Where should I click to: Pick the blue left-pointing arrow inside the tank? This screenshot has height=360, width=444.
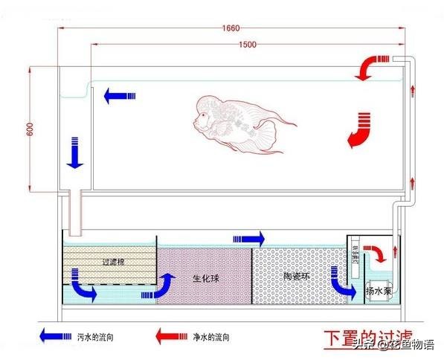point(119,94)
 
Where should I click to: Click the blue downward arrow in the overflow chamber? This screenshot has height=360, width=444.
point(75,152)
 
